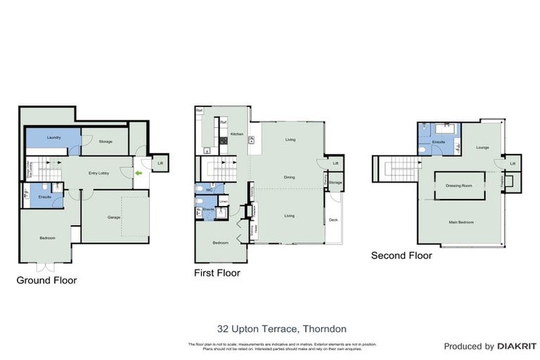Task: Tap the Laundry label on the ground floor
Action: pos(53,137)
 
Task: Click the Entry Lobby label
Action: pos(97,172)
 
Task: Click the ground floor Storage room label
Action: pos(105,142)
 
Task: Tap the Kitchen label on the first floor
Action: pos(237,134)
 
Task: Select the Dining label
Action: pos(289,177)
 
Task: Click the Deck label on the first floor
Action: pos(333,220)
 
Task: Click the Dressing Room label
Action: pos(458,185)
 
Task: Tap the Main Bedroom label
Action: pos(461,222)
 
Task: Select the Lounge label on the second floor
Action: pos(482,148)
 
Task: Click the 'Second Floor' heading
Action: pos(401,255)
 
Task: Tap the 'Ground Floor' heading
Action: pos(46,280)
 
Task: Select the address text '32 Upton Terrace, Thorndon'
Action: pos(281,328)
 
